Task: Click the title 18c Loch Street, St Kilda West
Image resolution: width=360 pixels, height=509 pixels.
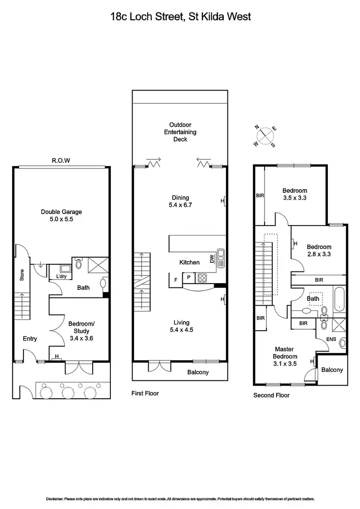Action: tap(180, 17)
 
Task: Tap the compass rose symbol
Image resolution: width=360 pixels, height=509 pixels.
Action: tap(264, 136)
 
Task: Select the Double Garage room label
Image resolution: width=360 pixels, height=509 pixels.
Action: tap(61, 215)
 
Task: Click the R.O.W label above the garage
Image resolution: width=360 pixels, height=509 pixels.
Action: tap(61, 161)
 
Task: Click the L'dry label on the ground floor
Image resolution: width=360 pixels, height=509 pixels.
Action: tap(61, 277)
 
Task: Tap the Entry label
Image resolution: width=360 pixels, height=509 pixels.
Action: tap(30, 339)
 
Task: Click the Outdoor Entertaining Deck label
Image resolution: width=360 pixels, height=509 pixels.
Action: tap(180, 132)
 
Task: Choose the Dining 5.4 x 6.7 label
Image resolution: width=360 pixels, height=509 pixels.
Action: tap(180, 201)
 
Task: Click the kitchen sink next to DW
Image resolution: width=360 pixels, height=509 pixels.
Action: tap(221, 258)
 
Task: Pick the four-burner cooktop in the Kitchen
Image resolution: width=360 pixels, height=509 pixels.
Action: tap(201, 278)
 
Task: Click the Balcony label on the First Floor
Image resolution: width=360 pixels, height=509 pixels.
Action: tap(198, 372)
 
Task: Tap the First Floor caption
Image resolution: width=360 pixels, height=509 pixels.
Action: tap(145, 393)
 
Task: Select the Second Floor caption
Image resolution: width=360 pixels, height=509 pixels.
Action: tap(271, 396)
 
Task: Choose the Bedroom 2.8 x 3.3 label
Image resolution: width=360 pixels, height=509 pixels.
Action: tap(320, 250)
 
